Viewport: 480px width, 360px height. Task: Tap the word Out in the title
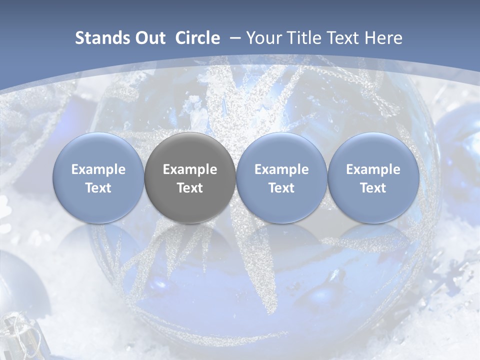148,38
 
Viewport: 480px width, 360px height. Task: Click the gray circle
190,177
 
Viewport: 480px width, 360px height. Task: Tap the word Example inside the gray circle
190,169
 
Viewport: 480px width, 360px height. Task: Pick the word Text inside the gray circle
190,188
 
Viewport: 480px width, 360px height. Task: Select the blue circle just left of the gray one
98,177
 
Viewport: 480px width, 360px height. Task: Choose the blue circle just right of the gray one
281,177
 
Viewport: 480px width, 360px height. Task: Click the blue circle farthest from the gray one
373,177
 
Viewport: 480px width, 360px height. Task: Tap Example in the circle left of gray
98,169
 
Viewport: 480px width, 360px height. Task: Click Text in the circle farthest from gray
373,188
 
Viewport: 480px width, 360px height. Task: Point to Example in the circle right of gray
281,169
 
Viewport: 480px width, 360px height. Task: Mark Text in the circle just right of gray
281,188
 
